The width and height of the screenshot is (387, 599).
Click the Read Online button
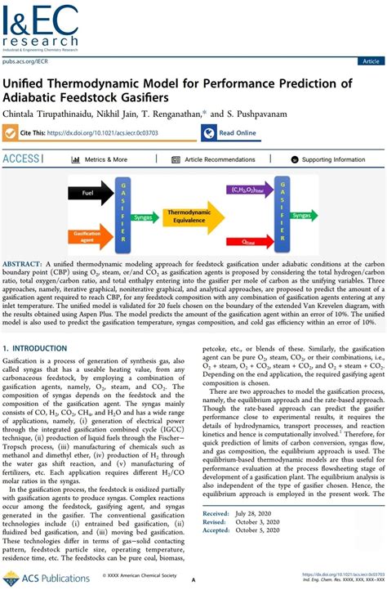pos(233,132)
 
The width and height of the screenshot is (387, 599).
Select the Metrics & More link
pos(102,159)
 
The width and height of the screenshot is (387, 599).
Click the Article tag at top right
pos(370,61)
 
